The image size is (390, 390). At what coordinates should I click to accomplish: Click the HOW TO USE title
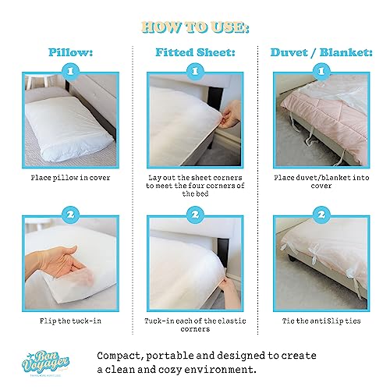tap(196, 30)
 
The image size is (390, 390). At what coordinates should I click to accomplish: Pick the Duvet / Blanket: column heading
tap(321, 55)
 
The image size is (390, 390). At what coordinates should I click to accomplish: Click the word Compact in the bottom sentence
tap(122, 355)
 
